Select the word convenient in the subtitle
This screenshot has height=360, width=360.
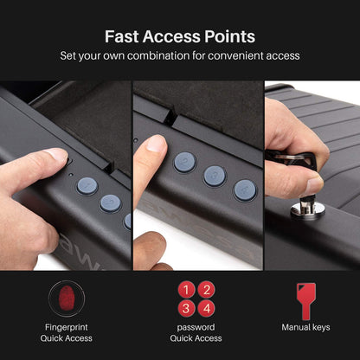point(243,56)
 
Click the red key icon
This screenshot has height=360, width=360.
point(305,298)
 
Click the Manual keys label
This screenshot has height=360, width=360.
point(305,327)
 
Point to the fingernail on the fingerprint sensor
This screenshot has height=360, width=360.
point(56,156)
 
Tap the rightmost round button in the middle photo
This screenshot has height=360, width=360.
point(245,190)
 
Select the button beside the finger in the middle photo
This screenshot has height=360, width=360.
point(184,162)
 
